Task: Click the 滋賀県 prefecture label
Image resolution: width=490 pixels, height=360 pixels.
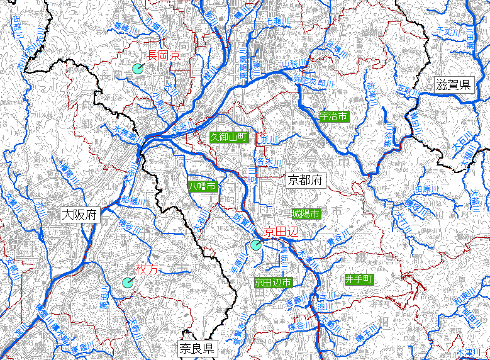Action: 453,85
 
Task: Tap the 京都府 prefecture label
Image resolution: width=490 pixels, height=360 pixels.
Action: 304,181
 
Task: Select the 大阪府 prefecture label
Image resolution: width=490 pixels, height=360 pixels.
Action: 80,215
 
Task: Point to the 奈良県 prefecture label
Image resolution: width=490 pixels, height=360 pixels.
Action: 196,348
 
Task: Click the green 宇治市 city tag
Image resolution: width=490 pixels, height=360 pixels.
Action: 333,116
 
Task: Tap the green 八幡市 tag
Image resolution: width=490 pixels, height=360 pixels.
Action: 203,186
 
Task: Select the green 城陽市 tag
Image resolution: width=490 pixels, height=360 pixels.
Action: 306,214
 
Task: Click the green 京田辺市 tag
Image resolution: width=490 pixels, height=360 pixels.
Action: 273,283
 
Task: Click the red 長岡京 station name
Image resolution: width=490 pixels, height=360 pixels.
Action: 164,55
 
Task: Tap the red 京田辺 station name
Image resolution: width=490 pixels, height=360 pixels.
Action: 280,231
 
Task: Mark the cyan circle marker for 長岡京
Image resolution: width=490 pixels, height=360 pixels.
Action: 138,69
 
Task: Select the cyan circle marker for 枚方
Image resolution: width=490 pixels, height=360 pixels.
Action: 128,283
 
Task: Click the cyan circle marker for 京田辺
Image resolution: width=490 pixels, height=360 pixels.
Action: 255,245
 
